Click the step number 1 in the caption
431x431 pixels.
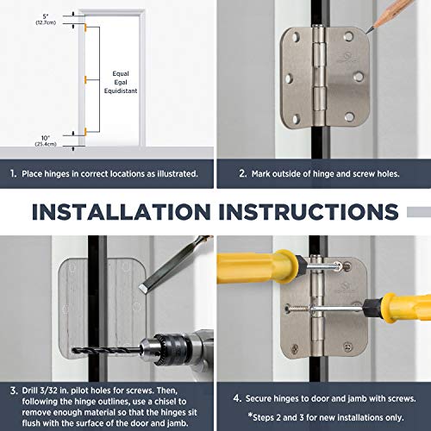tap(13, 172)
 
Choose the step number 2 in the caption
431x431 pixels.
tap(231, 172)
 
